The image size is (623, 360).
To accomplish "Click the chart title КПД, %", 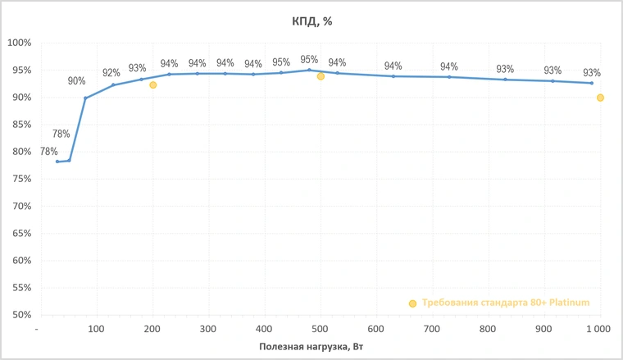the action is [x=311, y=21].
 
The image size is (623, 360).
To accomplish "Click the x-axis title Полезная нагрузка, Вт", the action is [x=311, y=347].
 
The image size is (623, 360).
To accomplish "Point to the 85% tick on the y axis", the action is [x=19, y=125].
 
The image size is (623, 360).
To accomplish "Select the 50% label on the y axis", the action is [x=19, y=315].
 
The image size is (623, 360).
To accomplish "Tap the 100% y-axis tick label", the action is [x=19, y=43].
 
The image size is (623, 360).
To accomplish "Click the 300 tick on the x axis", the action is [x=207, y=329].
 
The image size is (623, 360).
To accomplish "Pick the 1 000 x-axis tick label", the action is [x=598, y=329].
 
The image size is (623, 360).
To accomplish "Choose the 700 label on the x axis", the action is [x=431, y=329].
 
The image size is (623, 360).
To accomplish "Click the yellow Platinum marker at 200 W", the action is [x=153, y=85].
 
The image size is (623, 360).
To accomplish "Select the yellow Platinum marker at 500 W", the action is [x=321, y=76].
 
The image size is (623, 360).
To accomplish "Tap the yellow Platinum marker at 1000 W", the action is [x=600, y=98].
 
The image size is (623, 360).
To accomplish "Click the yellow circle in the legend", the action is [x=413, y=303].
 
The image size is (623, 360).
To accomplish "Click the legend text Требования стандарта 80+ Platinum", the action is [x=506, y=303].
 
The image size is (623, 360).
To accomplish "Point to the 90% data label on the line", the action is [x=77, y=81].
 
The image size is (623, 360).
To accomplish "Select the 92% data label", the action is [x=111, y=73].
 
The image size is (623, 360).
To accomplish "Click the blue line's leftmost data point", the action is [x=57, y=162].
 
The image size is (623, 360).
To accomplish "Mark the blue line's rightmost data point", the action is [x=592, y=83].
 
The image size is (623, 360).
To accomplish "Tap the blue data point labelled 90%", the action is [x=85, y=98].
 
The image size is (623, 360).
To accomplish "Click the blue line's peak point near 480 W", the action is [x=309, y=70].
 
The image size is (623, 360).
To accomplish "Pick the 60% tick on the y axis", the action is [x=19, y=260].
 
